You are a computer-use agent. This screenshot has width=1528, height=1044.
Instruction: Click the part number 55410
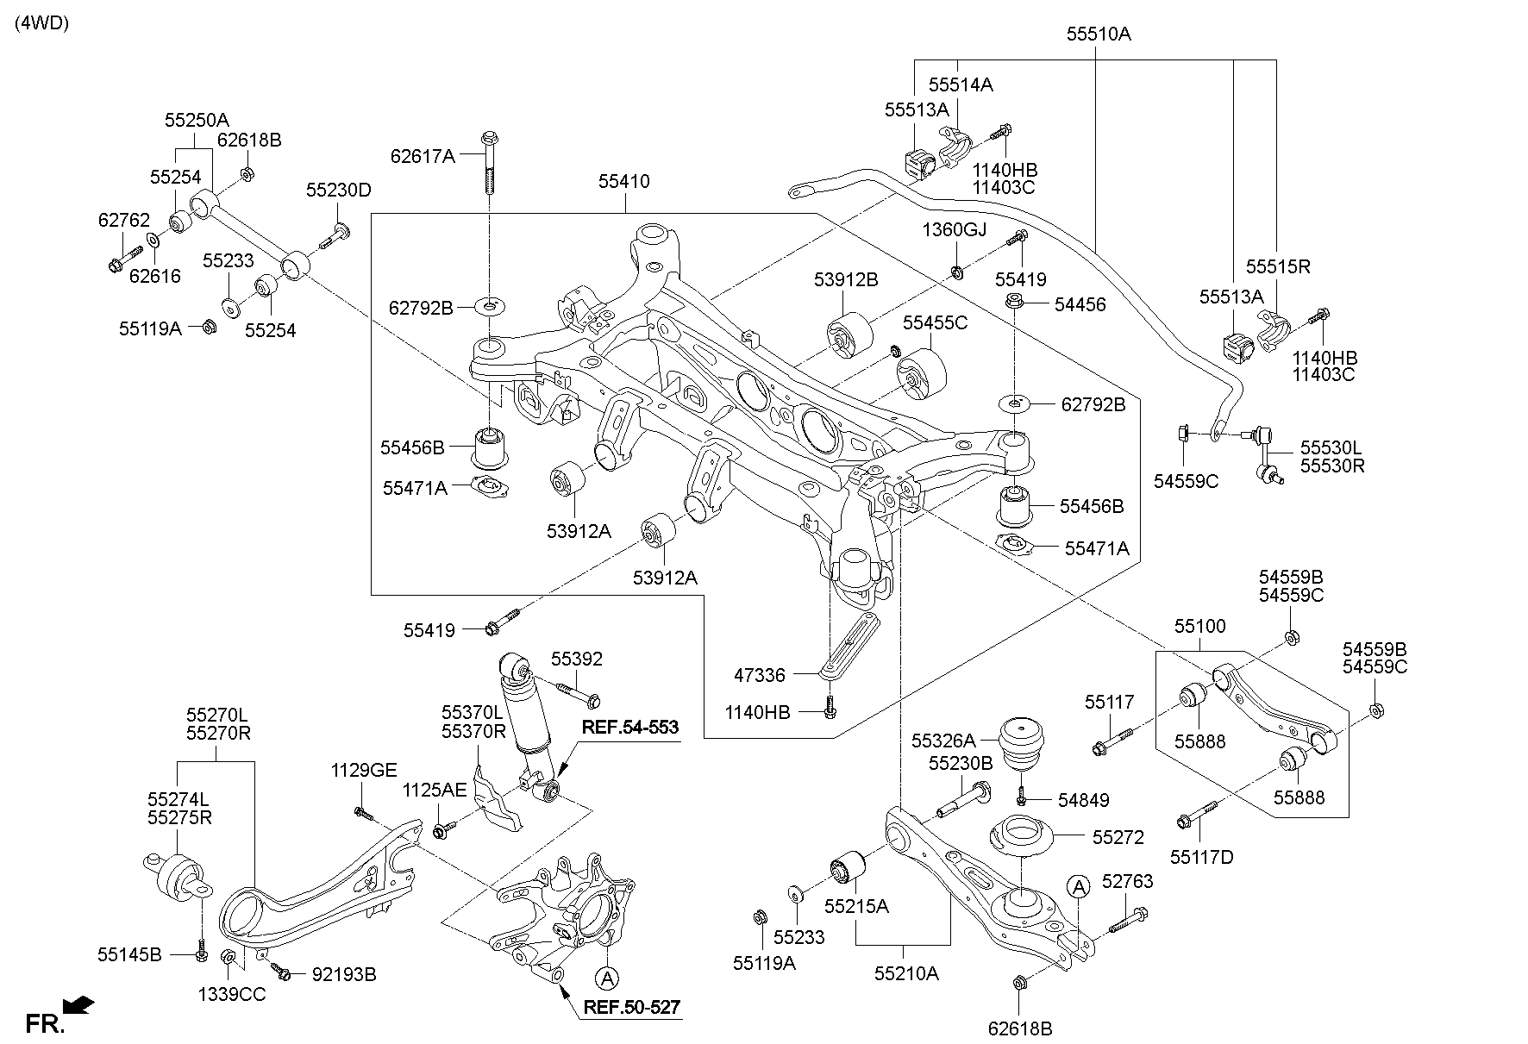(624, 182)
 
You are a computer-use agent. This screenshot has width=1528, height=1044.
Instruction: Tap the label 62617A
(422, 156)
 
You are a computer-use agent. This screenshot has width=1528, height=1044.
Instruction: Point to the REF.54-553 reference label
(629, 728)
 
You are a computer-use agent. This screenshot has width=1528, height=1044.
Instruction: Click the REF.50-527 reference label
(631, 1007)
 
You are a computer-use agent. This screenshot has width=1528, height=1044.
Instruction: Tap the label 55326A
(943, 740)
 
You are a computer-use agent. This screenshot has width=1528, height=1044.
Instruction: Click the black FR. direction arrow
(80, 1004)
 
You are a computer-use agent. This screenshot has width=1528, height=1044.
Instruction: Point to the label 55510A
(1098, 34)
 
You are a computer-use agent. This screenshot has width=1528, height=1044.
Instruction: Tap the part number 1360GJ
(954, 229)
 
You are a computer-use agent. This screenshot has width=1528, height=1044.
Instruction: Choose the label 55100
(1199, 626)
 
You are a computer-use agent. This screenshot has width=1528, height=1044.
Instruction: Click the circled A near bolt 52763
(1077, 885)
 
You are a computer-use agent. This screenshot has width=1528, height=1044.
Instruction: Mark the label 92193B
(343, 974)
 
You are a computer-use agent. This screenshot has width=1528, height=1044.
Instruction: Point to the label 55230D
(338, 191)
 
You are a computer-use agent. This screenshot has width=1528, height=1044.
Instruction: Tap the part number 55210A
(905, 973)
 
